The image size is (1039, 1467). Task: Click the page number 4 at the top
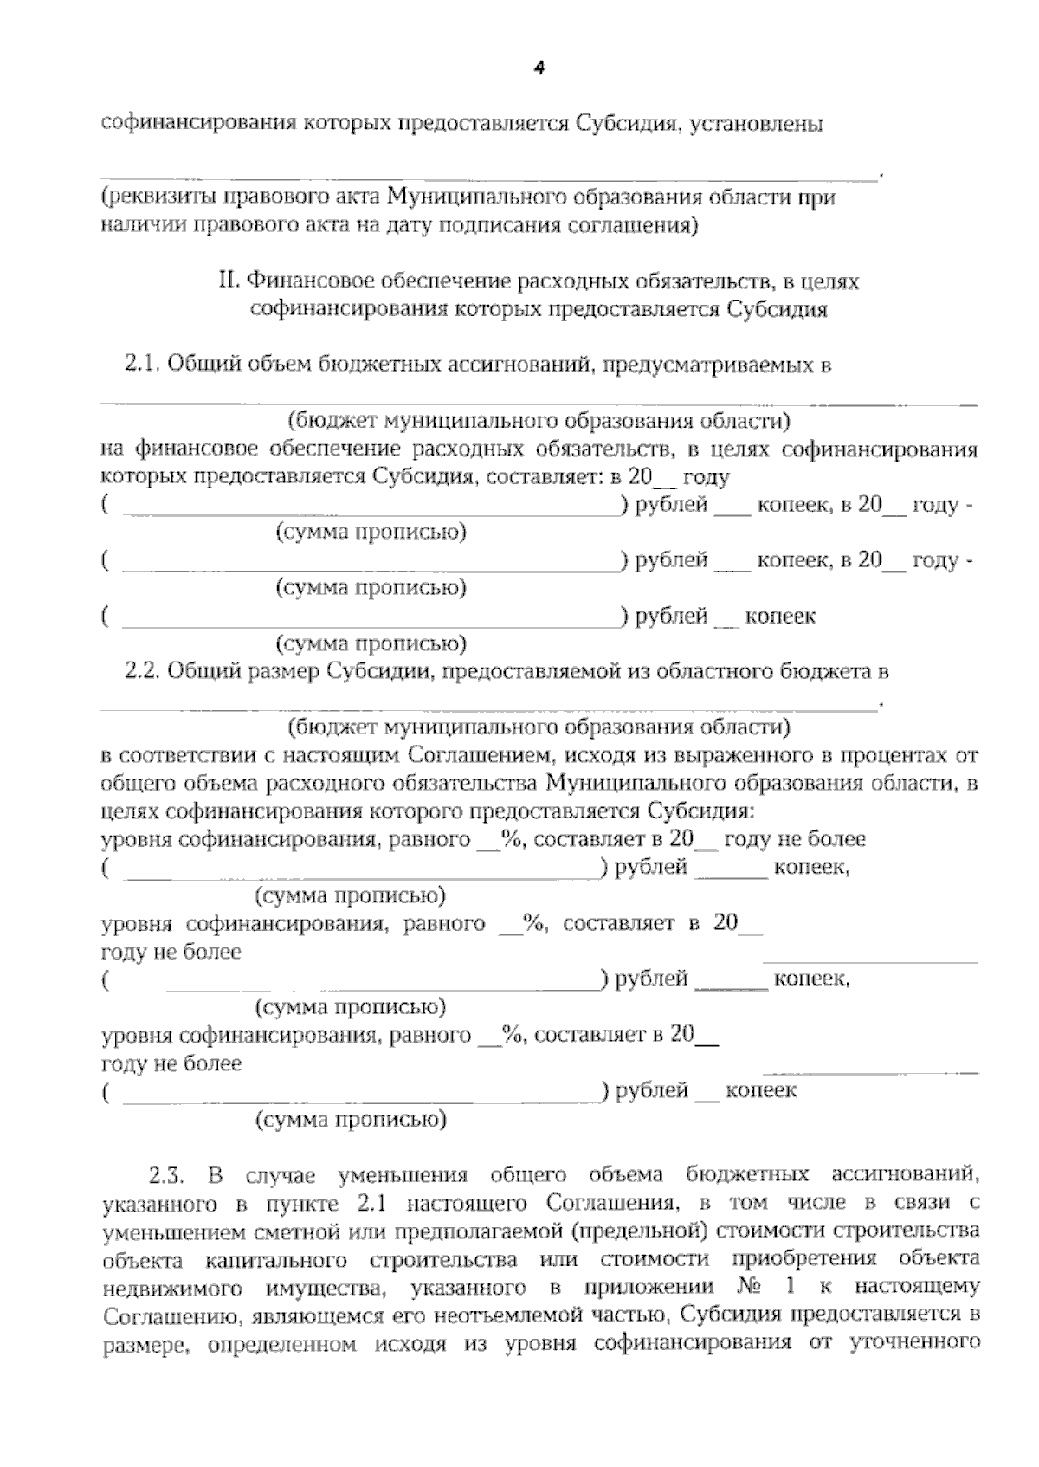tap(539, 68)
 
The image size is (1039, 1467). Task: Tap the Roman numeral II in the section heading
tap(229, 281)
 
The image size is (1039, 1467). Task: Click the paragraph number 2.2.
tap(143, 671)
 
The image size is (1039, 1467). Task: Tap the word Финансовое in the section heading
tap(304, 281)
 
